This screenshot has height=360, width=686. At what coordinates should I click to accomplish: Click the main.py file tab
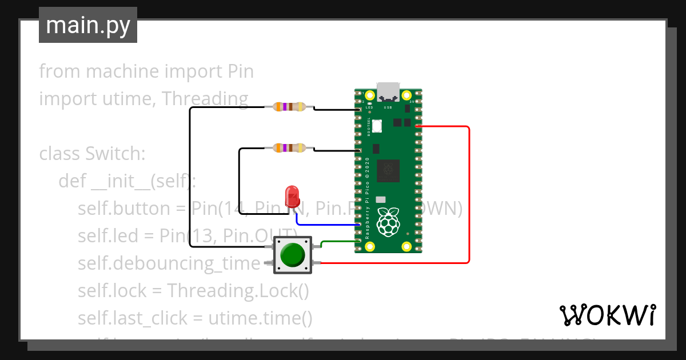click(x=87, y=25)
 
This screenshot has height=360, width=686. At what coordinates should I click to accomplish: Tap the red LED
click(x=292, y=196)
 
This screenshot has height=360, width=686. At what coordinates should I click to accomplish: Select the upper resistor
click(x=289, y=106)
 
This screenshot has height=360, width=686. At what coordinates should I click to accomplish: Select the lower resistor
click(x=289, y=148)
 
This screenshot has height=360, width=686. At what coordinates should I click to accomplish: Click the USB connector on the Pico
click(x=388, y=91)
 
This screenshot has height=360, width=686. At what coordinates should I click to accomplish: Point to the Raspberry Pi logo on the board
click(x=389, y=222)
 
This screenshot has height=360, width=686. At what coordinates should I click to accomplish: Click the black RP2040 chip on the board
click(x=389, y=170)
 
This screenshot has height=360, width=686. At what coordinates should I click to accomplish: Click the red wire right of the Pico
click(x=469, y=194)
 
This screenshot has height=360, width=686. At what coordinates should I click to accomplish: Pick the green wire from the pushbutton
click(x=337, y=242)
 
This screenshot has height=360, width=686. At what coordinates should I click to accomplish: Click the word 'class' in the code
click(x=59, y=154)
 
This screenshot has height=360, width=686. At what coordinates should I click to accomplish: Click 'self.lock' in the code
click(x=113, y=291)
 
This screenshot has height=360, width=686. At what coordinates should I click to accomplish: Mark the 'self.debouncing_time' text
click(x=169, y=263)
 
